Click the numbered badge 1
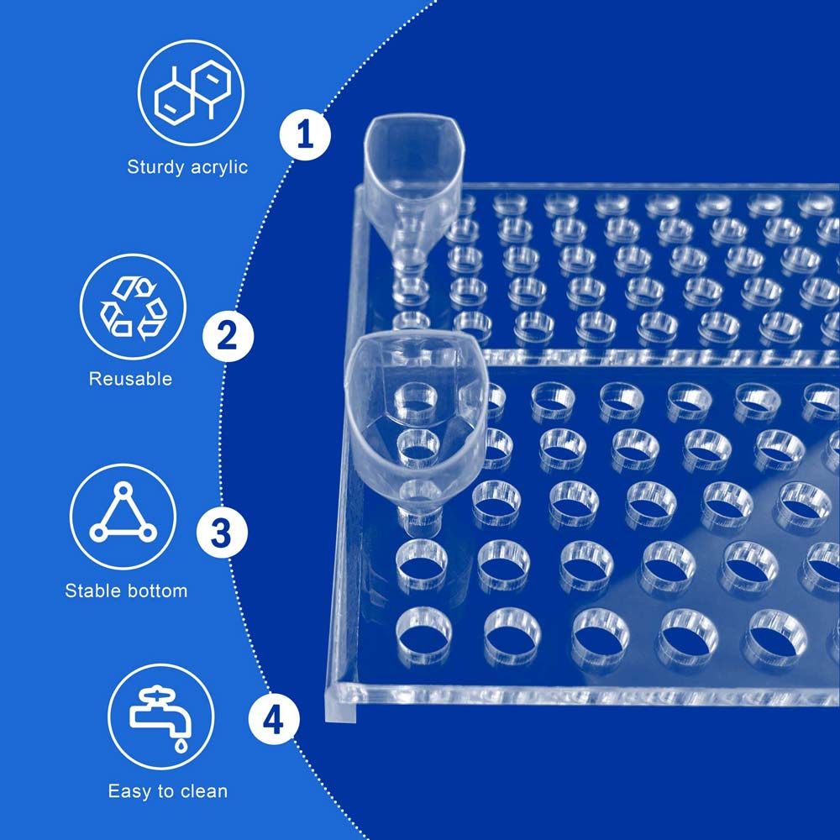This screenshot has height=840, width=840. pos(305,134)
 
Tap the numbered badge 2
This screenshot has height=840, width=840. pos(228,336)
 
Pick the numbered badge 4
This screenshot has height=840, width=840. pos(274,719)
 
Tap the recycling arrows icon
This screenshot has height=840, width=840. pos(134,308)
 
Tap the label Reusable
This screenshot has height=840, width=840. pos(131,379)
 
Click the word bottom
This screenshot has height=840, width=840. pos(157,591)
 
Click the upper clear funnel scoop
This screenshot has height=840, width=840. pos(412,182)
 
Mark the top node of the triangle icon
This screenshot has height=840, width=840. pos(123,489)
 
